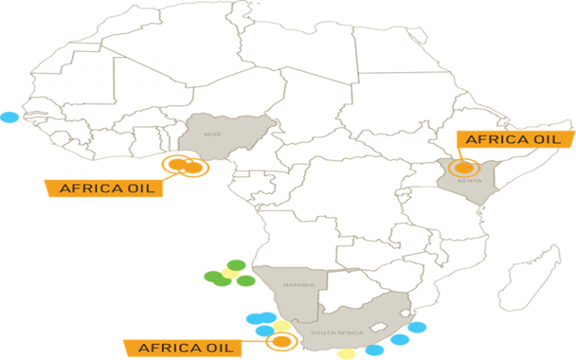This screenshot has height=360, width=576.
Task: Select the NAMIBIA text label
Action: point(292,286)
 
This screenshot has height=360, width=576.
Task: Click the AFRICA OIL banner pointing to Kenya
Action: point(508,139)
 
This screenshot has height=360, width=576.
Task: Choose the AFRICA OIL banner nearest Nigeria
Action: point(104,187)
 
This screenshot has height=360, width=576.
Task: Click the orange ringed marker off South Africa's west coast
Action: point(280,342)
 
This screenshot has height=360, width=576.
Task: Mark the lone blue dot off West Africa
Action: point(9,117)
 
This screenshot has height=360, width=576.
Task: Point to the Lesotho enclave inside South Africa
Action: point(382,327)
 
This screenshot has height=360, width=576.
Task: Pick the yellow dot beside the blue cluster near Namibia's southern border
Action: point(282,326)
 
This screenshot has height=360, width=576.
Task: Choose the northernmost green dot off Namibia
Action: point(236,265)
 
